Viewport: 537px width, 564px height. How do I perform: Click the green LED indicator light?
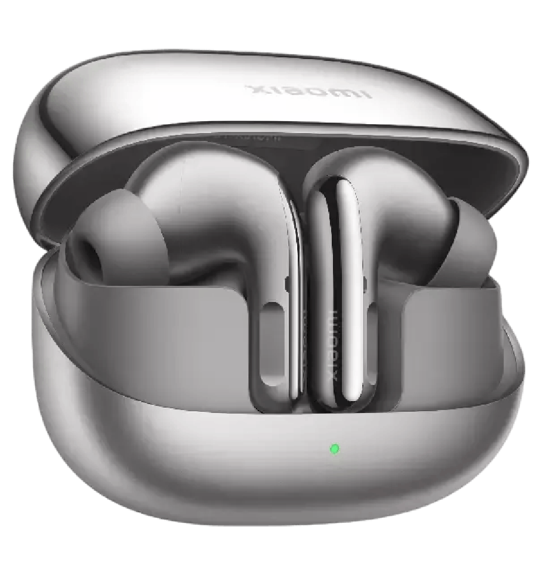click(x=335, y=448)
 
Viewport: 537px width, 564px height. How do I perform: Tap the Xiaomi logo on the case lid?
click(x=308, y=91)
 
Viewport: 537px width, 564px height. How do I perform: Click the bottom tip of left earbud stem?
click(x=280, y=406)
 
